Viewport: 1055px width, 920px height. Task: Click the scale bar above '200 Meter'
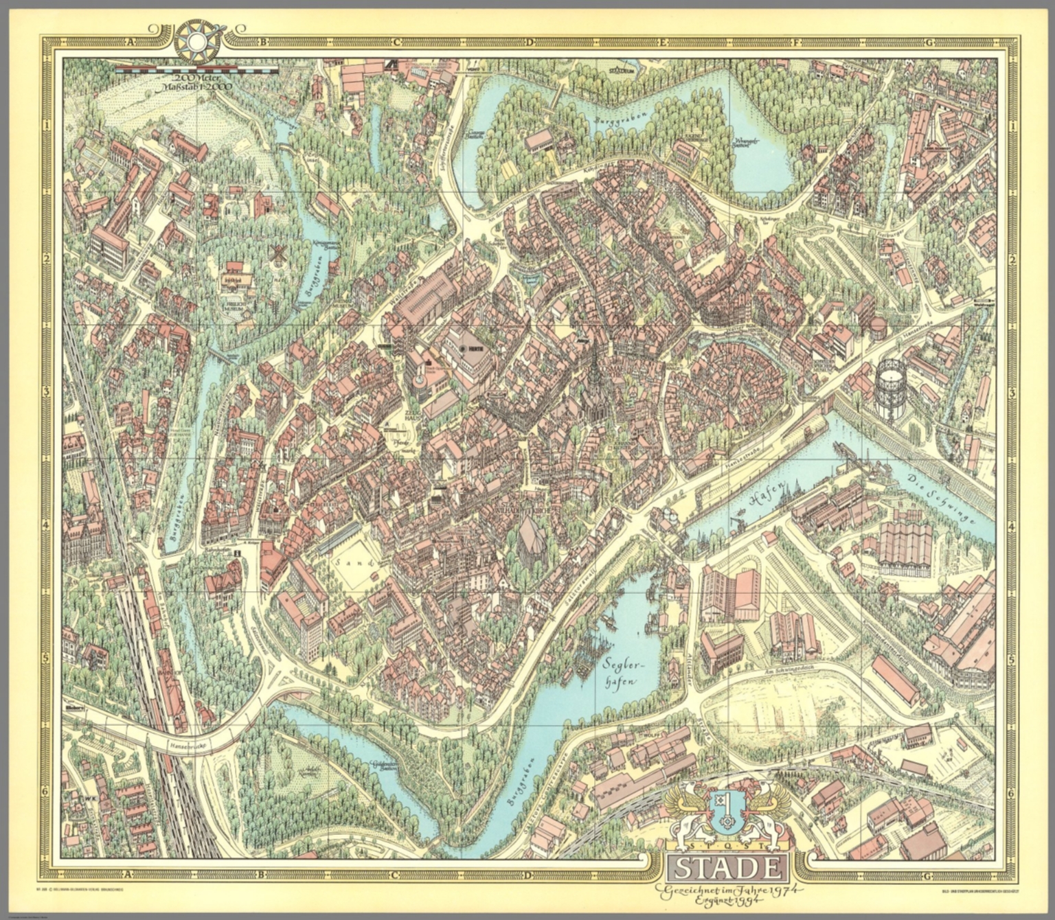pyautogui.click(x=196, y=69)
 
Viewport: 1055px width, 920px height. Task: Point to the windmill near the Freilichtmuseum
pyautogui.click(x=278, y=253)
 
